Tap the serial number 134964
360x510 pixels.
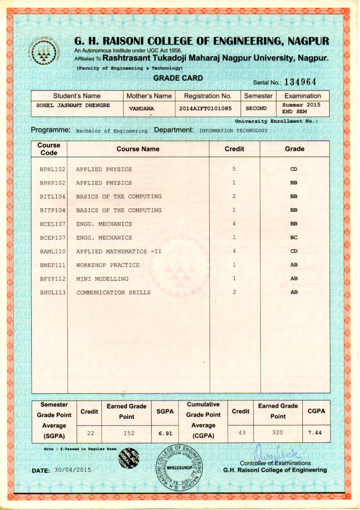[x=300, y=81]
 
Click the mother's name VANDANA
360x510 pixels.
[x=142, y=109]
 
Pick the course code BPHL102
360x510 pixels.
[x=53, y=169]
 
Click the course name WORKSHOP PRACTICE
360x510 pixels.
[x=108, y=265]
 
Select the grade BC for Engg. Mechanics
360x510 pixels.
[x=294, y=238]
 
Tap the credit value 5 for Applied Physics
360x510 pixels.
[x=234, y=169]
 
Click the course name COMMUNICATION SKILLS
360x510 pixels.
[x=113, y=292]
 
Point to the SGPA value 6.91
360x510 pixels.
[x=166, y=433]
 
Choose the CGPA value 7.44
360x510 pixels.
[x=315, y=433]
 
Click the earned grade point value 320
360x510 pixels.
[x=277, y=433]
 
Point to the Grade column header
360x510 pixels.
[x=294, y=149]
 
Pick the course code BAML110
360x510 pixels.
[x=53, y=252]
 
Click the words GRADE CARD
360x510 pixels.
[x=178, y=78]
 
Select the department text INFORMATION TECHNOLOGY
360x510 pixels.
[x=233, y=130]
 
